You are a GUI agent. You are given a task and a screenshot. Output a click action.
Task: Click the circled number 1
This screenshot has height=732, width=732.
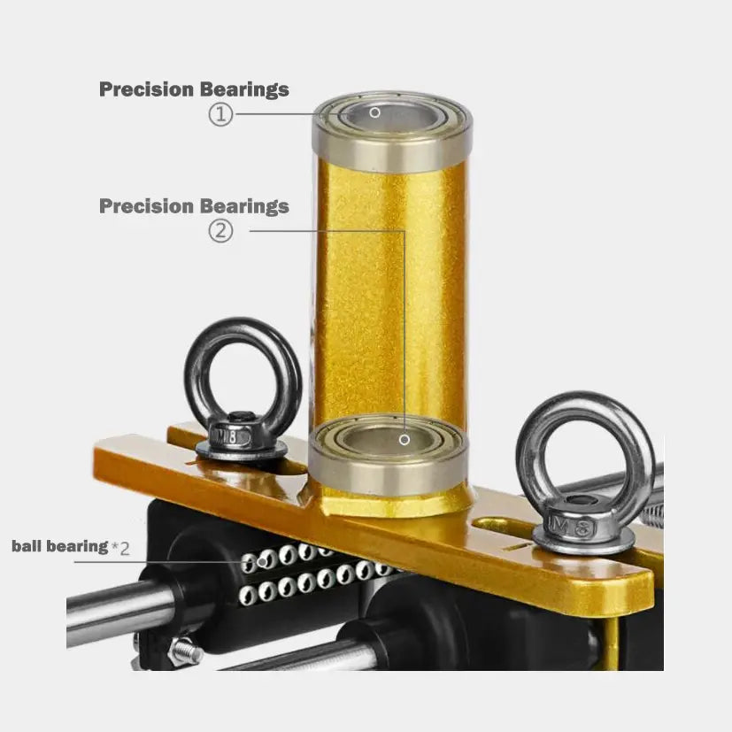220,114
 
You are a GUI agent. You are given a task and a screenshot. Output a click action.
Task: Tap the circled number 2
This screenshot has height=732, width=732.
220,231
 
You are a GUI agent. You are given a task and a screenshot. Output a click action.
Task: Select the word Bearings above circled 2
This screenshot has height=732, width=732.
244,206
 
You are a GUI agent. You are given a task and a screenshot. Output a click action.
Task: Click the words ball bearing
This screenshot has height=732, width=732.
60,546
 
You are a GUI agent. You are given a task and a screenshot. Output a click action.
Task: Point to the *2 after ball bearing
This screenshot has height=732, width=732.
120,547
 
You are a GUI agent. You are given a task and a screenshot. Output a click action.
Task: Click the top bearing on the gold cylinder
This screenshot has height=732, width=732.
392,131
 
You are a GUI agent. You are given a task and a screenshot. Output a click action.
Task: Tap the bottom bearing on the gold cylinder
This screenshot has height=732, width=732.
389,454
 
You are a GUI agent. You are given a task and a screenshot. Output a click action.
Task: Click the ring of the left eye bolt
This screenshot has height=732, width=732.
190,374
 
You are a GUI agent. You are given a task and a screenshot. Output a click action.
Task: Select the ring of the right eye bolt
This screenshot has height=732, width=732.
523,448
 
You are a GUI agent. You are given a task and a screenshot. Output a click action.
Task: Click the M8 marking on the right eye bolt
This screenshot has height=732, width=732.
573,527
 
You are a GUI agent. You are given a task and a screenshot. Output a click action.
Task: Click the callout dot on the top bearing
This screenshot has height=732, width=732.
374,112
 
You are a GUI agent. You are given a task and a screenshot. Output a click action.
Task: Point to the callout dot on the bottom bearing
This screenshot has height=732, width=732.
405,440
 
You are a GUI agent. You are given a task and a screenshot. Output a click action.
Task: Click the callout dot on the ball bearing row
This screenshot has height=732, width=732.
263,561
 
